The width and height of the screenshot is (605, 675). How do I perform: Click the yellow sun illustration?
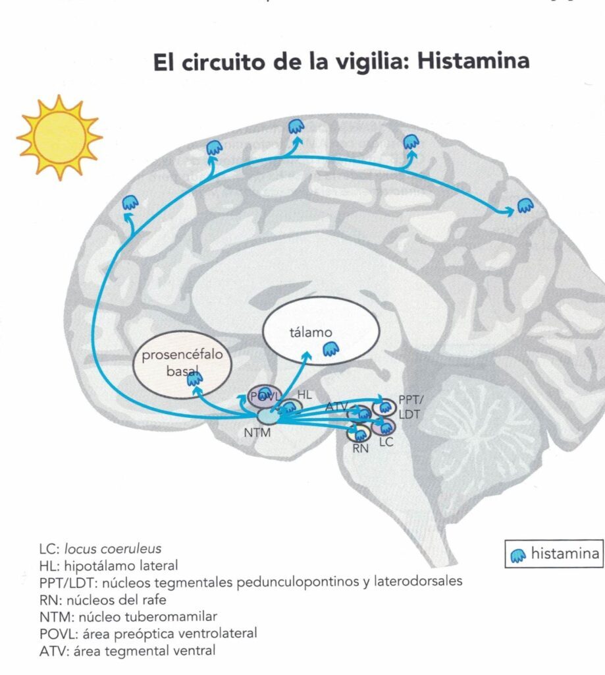[59, 137]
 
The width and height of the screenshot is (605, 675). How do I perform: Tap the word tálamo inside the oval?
[311, 332]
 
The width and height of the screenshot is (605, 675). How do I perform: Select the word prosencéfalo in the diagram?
[182, 355]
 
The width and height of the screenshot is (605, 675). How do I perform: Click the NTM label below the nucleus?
[257, 432]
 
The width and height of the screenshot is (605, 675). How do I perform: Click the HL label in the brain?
[304, 394]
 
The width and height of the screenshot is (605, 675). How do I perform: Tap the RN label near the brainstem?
[360, 448]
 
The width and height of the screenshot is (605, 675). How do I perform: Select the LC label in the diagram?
[386, 442]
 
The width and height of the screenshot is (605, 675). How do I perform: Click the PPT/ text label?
[411, 400]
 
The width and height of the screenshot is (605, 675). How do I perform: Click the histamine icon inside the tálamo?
[330, 349]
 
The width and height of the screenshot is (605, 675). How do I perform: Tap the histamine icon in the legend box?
[518, 556]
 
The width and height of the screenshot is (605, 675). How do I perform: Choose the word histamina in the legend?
[566, 553]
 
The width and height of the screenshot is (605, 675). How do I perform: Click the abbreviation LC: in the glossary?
[49, 549]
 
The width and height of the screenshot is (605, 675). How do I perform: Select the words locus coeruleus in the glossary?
[113, 549]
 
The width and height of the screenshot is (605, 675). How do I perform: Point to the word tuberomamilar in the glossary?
[171, 616]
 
